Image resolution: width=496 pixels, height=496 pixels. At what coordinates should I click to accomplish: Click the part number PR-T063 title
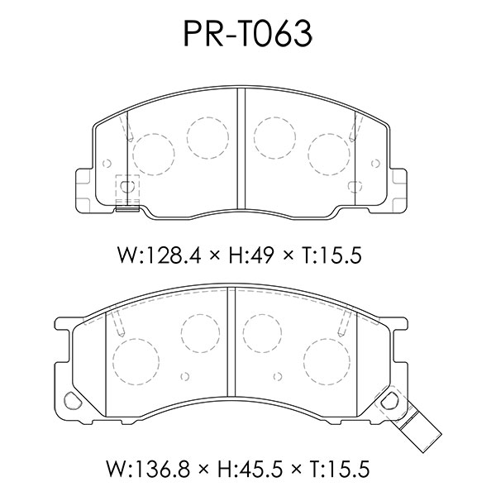[x=248, y=34]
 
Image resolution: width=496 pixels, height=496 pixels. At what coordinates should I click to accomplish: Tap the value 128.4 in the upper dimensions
[x=174, y=255]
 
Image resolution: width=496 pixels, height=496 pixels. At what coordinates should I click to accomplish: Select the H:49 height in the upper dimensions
[x=250, y=255]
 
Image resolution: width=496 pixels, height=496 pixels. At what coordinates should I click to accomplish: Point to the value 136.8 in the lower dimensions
[x=162, y=469]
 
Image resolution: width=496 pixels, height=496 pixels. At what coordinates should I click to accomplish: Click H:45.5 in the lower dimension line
[x=250, y=469]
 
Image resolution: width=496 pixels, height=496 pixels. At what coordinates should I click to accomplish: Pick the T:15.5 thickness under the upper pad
[x=331, y=255]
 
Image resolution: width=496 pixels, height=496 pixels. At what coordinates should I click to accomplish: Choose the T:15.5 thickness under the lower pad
[x=340, y=469]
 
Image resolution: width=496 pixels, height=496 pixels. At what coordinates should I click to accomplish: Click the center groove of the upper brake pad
[x=241, y=149]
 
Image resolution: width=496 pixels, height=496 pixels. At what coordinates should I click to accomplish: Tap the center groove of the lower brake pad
[x=231, y=342]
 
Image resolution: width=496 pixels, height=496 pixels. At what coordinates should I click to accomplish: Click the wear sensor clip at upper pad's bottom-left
[x=127, y=193]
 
